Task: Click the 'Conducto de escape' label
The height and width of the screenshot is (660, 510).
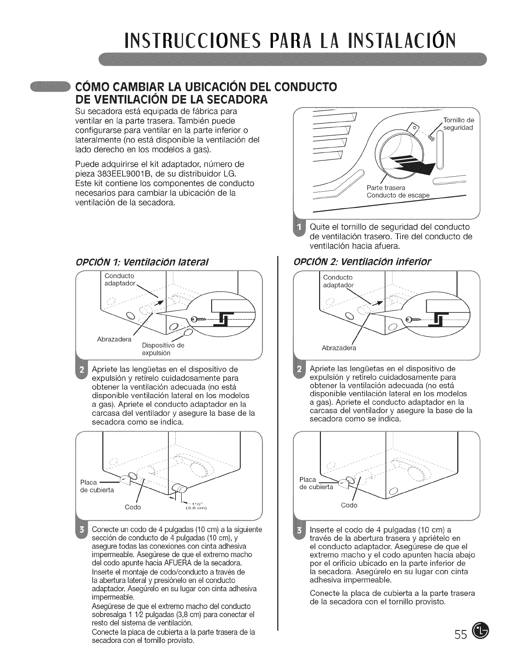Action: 397,196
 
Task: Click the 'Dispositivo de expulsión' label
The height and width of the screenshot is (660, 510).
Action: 163,349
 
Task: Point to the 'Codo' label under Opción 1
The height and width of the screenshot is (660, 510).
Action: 133,507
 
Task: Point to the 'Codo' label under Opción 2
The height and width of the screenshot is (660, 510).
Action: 349,505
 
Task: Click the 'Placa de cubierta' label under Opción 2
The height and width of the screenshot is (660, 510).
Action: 316,483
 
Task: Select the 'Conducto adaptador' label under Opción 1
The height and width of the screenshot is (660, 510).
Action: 120,280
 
